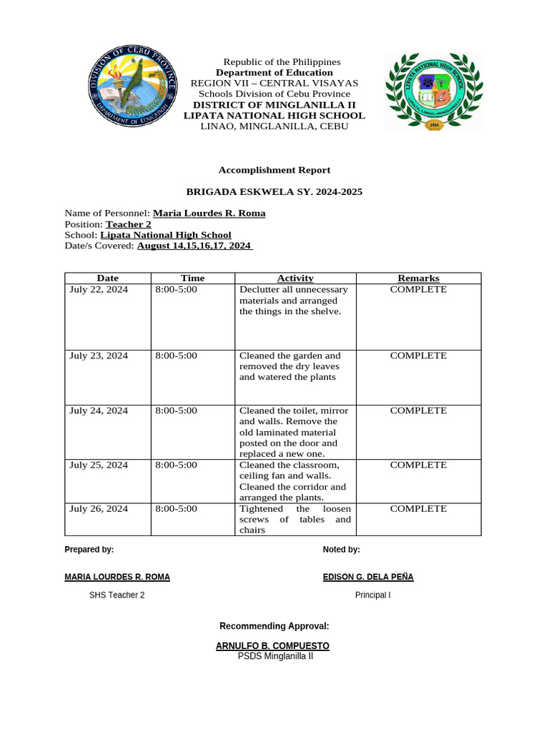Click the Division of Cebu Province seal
tap(129, 91)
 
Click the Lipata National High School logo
tap(433, 91)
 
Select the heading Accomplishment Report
tap(274, 170)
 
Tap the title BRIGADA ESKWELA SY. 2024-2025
tap(274, 191)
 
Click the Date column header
tap(108, 278)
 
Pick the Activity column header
tap(295, 278)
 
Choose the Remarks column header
tap(418, 278)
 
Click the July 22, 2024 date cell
tap(99, 290)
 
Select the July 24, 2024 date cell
tap(99, 410)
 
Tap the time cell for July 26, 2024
tap(176, 509)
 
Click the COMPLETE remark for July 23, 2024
tap(418, 356)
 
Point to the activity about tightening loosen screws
tap(295, 519)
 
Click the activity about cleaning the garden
tap(290, 366)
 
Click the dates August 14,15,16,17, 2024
tap(194, 246)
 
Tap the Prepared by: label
tap(89, 550)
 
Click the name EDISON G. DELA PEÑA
tap(368, 577)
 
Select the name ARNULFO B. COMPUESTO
tap(272, 646)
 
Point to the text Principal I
tap(373, 595)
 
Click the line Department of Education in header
tap(274, 73)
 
